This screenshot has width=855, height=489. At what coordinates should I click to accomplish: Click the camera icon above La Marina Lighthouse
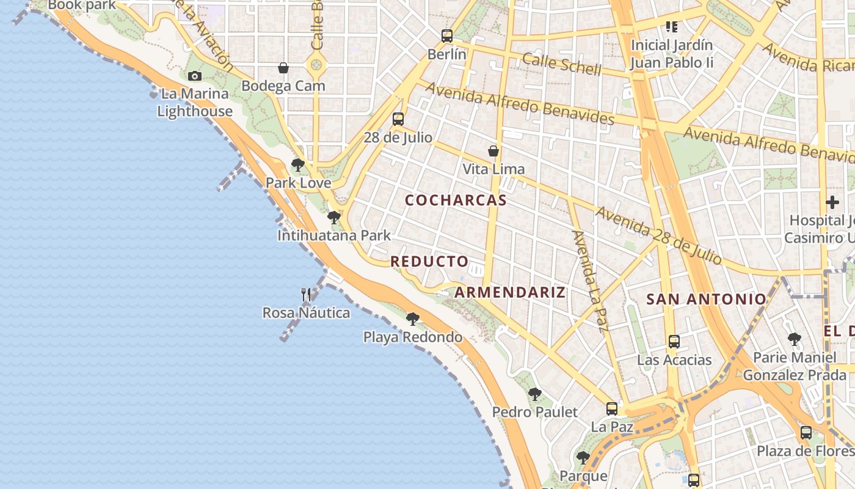[x=195, y=76]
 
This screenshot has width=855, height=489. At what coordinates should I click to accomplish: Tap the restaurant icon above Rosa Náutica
[x=306, y=295]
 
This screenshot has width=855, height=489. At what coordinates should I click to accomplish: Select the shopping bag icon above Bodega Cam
[x=283, y=68]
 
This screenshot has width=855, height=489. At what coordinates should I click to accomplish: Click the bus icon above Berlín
[x=447, y=36]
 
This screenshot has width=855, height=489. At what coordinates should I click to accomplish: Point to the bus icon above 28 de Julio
[x=398, y=119]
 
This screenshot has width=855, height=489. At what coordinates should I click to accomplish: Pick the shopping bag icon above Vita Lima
[x=493, y=151]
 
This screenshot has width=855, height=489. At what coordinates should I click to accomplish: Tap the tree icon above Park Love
[x=298, y=165]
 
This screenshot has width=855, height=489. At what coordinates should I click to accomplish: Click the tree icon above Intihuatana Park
[x=333, y=218]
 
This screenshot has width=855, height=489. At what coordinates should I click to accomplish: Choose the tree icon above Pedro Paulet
[x=535, y=394]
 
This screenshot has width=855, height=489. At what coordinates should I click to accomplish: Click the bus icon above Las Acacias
[x=674, y=342]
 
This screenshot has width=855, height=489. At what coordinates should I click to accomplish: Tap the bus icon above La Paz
[x=612, y=409]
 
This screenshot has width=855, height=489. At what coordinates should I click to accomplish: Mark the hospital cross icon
[x=832, y=202]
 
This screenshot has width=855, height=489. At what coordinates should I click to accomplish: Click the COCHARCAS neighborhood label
[x=456, y=200]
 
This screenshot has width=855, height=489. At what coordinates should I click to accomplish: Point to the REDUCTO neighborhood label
[x=429, y=262]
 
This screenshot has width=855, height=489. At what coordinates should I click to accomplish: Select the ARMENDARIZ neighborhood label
[x=510, y=292]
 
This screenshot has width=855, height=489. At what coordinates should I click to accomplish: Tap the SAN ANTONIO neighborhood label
[x=706, y=299]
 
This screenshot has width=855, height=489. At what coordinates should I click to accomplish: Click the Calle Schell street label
[x=562, y=64]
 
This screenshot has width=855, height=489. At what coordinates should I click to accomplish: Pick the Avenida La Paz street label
[x=590, y=281]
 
